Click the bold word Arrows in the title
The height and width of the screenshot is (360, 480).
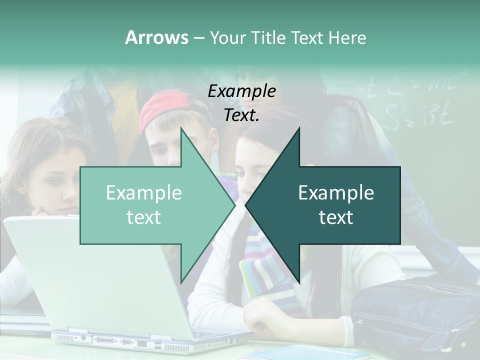click(156, 37)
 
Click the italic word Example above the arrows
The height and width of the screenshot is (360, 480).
click(242, 91)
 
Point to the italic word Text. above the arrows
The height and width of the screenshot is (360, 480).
click(242, 115)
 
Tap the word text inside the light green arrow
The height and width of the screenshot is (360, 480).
click(144, 217)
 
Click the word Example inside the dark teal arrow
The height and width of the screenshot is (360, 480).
click(336, 193)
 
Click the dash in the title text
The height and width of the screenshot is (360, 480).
click(198, 38)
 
